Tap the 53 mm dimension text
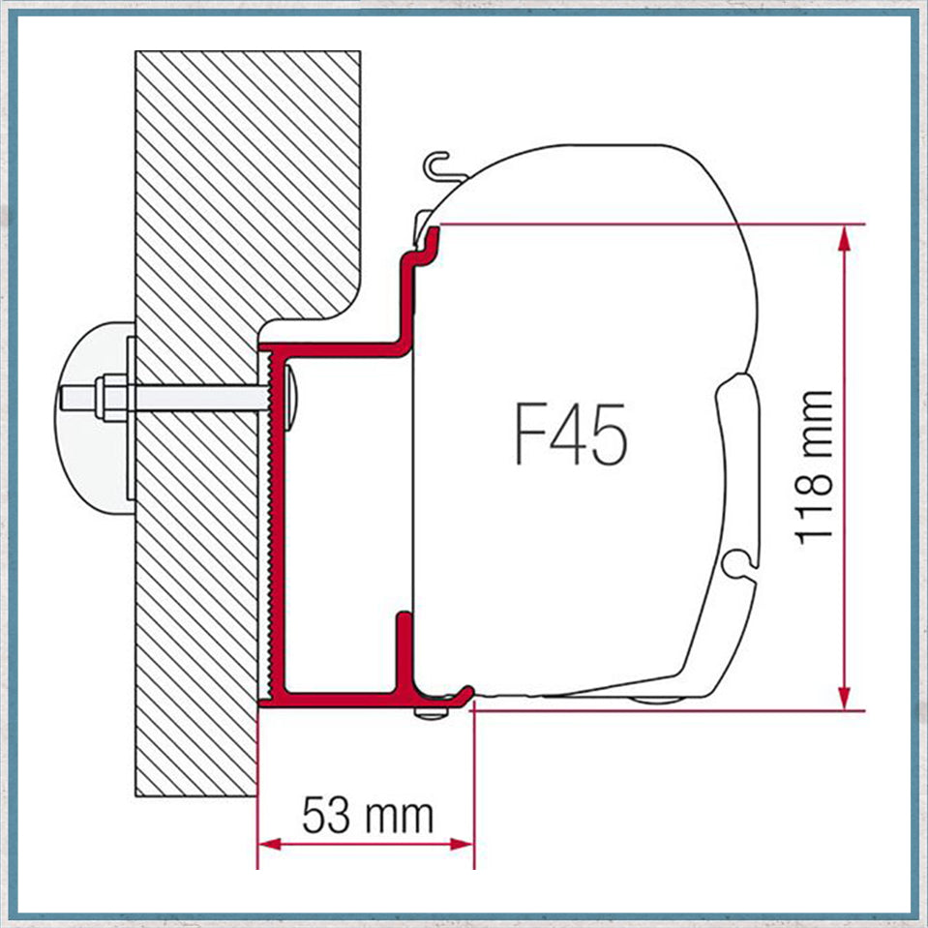(367, 816)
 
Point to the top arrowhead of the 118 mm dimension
(846, 236)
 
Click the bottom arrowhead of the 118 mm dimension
(846, 698)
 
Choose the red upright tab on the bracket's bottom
(402, 648)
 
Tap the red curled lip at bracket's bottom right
(463, 694)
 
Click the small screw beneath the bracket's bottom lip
(429, 713)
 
